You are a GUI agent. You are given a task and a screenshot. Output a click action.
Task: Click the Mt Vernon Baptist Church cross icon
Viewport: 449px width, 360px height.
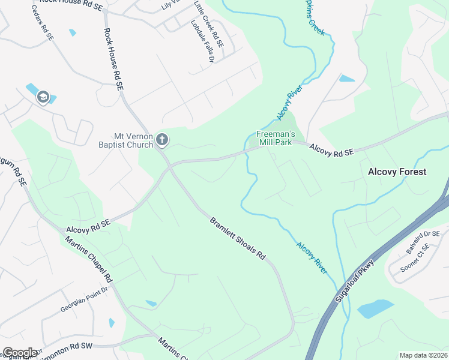[x=161, y=140]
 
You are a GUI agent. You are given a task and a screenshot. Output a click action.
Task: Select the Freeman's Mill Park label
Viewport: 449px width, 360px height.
[x=274, y=138]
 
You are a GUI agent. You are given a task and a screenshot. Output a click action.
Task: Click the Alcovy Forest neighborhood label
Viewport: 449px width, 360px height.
[x=397, y=172]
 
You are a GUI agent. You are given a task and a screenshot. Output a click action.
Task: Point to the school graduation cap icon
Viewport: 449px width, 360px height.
[x=43, y=97]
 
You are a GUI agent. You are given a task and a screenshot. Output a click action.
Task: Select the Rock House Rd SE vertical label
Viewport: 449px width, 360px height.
[x=113, y=59]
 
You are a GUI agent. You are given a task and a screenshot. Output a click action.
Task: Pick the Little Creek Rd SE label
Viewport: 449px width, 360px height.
[x=209, y=24]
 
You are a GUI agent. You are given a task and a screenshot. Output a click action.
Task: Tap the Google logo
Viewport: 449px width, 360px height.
[x=20, y=353]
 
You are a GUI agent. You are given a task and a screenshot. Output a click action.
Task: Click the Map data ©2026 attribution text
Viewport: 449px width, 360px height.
[x=423, y=355]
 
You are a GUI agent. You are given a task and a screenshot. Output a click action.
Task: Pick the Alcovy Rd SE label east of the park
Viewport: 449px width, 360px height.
[x=331, y=149]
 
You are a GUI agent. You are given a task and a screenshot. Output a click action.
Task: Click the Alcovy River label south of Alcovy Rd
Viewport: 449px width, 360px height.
[x=312, y=258]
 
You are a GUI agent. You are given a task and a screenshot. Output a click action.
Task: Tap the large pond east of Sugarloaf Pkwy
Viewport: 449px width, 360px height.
[x=375, y=308]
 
